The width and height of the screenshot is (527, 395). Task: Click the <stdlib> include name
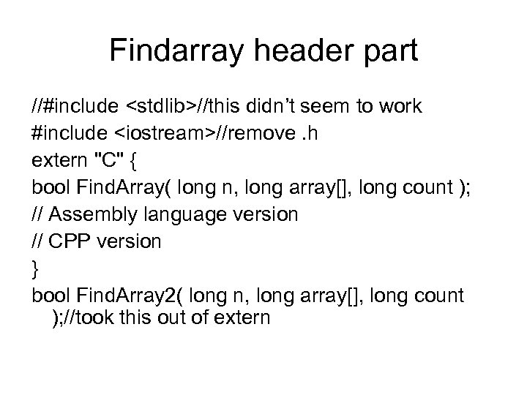(162, 107)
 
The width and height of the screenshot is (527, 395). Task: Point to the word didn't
(277, 107)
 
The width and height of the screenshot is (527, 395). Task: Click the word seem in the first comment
(329, 107)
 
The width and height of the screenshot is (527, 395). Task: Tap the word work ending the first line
(400, 107)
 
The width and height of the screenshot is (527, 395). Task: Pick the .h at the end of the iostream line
(302, 134)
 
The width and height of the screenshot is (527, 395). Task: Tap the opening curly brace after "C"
(127, 161)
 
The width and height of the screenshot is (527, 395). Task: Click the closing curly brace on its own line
(36, 268)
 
